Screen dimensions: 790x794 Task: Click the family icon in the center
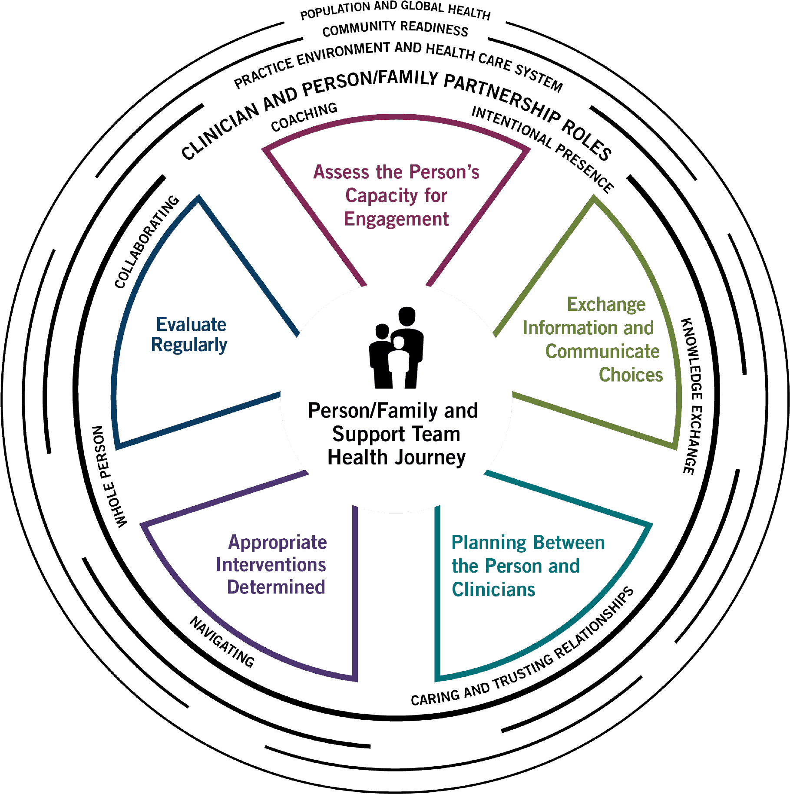tap(396, 348)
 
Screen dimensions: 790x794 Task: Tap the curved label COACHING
tap(304, 117)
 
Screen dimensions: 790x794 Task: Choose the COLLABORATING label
tap(146, 241)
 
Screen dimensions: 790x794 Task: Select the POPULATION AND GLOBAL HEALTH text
tap(395, 10)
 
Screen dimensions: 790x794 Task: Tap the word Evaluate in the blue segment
tap(191, 324)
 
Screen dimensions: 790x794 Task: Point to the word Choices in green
tap(631, 375)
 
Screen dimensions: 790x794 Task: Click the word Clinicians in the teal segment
tap(493, 590)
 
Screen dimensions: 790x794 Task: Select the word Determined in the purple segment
tap(276, 587)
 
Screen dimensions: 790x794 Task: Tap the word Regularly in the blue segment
tap(189, 345)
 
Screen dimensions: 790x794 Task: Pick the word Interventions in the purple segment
tap(271, 565)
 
